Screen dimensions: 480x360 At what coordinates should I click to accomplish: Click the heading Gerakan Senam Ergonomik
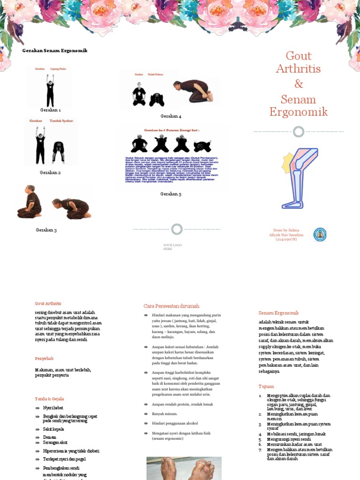pos(55,51)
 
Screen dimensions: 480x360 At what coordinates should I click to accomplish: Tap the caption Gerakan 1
pos(50,110)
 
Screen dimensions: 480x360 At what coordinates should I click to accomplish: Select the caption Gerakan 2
pos(50,172)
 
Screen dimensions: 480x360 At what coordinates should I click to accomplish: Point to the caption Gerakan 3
pos(46,230)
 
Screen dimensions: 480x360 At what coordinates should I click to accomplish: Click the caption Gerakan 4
pos(171,116)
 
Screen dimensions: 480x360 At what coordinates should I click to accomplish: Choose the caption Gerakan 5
pos(171,194)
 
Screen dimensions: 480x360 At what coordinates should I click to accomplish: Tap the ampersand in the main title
pos(299,84)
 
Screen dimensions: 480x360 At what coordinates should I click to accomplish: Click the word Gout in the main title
pos(299,56)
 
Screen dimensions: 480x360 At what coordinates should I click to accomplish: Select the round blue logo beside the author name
pos(320,234)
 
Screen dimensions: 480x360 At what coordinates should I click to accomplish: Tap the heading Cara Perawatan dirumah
pos(171,306)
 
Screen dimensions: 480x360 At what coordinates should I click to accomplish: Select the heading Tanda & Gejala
pos(49,399)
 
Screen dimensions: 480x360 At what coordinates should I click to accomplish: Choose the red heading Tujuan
pos(266,387)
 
